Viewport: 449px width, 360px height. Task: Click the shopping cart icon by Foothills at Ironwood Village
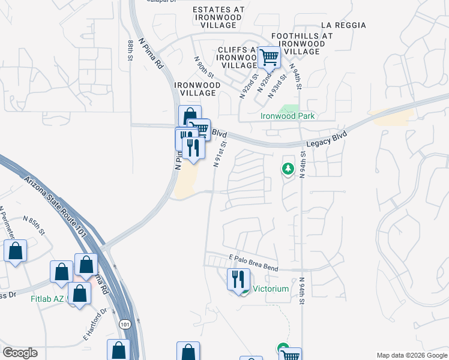click(x=270, y=58)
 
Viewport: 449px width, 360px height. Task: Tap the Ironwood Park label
click(x=287, y=116)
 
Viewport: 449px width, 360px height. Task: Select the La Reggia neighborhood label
click(x=343, y=25)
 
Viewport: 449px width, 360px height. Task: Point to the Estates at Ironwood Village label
click(x=218, y=17)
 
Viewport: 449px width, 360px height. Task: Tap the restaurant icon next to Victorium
click(x=238, y=280)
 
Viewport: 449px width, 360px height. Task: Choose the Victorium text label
click(x=271, y=289)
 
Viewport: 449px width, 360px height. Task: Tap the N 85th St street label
click(x=35, y=225)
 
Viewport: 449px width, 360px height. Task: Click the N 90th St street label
click(x=203, y=67)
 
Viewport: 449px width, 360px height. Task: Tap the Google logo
click(x=20, y=353)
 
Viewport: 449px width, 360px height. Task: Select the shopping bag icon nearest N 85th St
click(x=16, y=251)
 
